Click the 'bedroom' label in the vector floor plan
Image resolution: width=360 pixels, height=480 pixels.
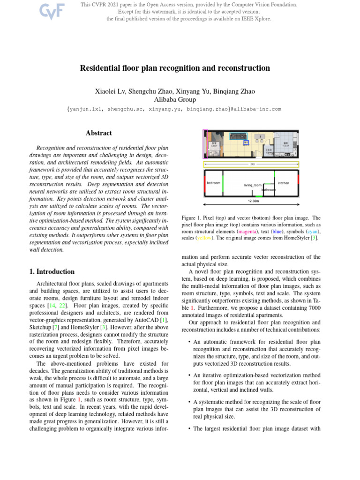(x=213, y=182)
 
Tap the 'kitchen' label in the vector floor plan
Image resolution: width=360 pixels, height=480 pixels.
(x=284, y=182)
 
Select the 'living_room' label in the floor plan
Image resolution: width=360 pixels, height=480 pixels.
(x=253, y=185)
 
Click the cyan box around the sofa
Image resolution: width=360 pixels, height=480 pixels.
(x=238, y=136)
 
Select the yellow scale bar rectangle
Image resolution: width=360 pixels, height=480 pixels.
(x=251, y=164)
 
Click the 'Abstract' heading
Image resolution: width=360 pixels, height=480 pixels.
(x=98, y=134)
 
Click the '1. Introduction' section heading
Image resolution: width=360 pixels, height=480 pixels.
(x=49, y=271)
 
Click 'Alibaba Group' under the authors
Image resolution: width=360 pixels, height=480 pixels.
(x=175, y=99)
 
